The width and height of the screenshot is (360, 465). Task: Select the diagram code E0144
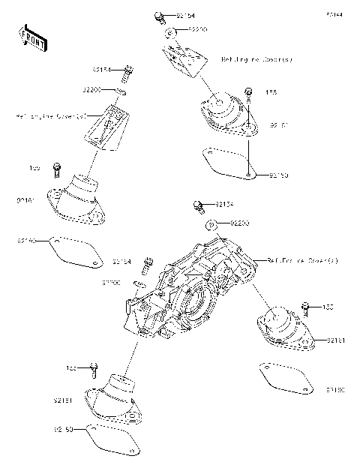tap(334, 14)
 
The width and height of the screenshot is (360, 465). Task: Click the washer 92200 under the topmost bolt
tap(172, 31)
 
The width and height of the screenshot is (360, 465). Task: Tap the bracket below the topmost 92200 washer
tap(184, 60)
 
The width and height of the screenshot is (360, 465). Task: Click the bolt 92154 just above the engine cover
tap(199, 205)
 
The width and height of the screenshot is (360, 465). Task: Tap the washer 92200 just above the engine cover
tap(212, 223)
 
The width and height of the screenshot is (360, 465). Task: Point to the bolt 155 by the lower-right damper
tap(305, 307)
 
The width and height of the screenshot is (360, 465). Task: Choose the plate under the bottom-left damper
tap(112, 439)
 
